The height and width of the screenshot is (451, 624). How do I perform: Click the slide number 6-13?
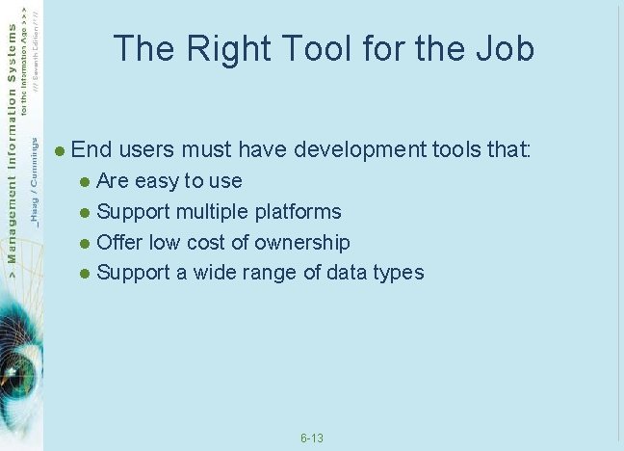pyautogui.click(x=311, y=438)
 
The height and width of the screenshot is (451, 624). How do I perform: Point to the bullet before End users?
pyautogui.click(x=60, y=150)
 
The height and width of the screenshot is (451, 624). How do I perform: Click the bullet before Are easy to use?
pyautogui.click(x=85, y=181)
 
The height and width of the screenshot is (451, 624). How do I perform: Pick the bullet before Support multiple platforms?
pyautogui.click(x=85, y=212)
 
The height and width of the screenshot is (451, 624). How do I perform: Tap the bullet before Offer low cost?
pyautogui.click(x=85, y=243)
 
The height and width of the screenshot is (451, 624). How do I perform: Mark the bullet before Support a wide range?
pyautogui.click(x=85, y=274)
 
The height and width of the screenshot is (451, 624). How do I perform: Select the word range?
pyautogui.click(x=273, y=273)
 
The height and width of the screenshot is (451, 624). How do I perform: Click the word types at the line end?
pyautogui.click(x=400, y=273)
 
